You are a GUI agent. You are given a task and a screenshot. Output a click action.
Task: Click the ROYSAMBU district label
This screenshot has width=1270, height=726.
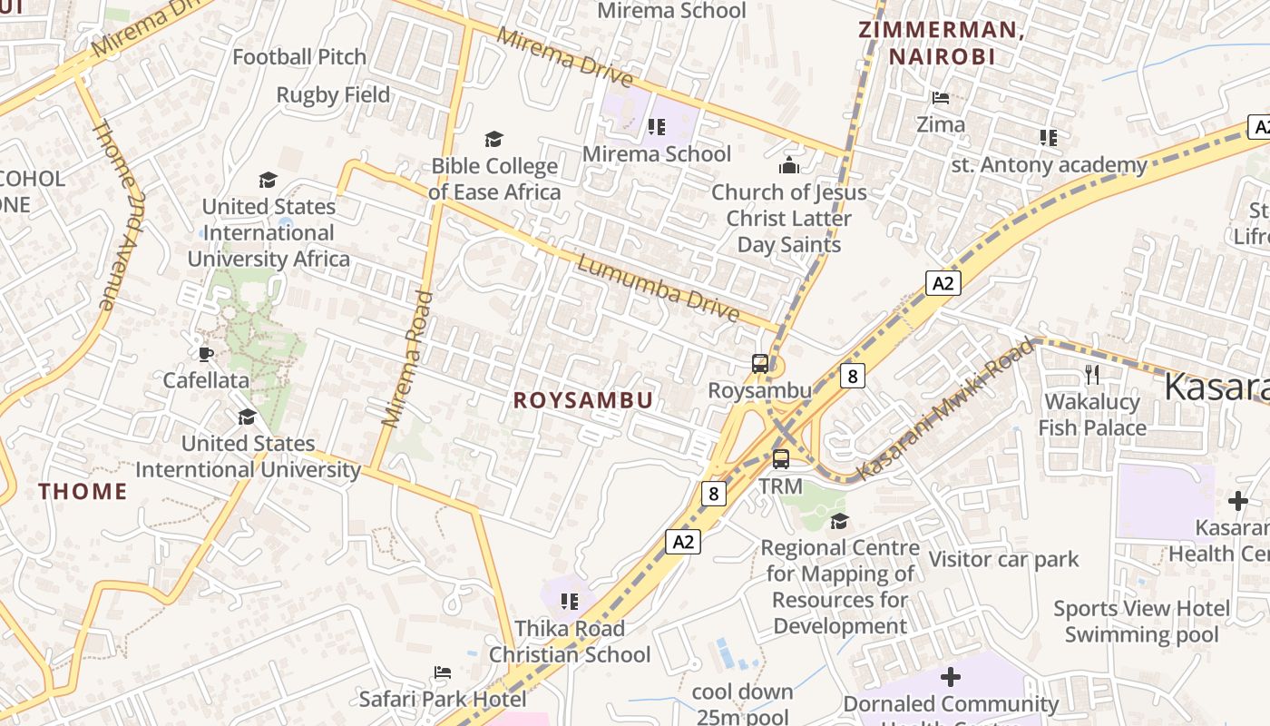[x=582, y=400]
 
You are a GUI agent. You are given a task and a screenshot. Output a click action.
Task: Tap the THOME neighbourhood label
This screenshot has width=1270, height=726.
[x=83, y=491]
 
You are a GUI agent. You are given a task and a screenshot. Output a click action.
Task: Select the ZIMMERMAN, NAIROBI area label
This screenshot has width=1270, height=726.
[x=941, y=43]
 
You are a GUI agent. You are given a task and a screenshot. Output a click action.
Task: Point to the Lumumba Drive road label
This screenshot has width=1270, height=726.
[x=658, y=289]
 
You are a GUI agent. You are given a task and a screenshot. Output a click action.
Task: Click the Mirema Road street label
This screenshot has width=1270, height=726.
[x=405, y=358]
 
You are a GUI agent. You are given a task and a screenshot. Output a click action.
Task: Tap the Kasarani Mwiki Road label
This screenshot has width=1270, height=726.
[x=945, y=409]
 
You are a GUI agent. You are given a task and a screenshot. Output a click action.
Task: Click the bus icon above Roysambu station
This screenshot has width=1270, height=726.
[x=760, y=364]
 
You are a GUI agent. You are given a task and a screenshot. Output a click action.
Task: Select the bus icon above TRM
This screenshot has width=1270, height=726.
[x=780, y=459]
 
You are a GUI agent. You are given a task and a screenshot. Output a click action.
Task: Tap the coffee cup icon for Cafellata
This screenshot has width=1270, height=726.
[x=205, y=353]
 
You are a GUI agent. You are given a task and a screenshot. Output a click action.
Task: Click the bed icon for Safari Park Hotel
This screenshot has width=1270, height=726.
[x=442, y=672]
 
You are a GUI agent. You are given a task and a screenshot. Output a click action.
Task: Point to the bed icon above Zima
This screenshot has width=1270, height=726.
[x=941, y=97]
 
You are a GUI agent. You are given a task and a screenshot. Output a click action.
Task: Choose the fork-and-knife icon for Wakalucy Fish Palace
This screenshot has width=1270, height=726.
[x=1092, y=374]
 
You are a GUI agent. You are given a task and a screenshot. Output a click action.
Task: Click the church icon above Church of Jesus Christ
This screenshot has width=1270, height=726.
[x=788, y=165]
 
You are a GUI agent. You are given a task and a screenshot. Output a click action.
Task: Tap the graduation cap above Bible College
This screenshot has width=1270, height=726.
[x=493, y=139]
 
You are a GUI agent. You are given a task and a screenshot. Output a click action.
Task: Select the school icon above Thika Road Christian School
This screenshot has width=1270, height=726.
[x=570, y=601]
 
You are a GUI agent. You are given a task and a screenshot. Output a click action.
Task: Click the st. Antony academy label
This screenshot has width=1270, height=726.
[x=1049, y=164]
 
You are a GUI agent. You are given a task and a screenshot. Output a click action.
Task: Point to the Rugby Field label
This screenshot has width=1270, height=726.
[x=333, y=94]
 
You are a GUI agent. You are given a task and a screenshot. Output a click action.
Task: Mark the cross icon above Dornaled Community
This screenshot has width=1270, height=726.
[x=950, y=677]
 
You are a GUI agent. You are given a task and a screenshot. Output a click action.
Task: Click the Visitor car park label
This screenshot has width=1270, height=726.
[x=1003, y=559]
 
